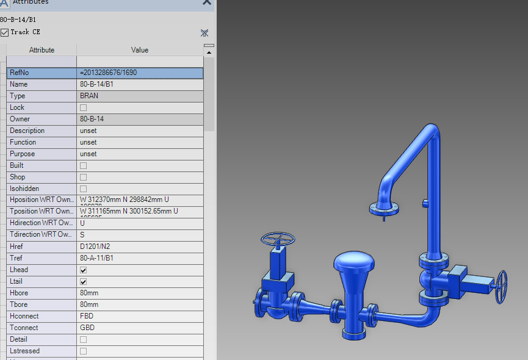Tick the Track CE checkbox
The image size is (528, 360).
click(4, 32)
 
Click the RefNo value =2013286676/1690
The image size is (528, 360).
click(108, 73)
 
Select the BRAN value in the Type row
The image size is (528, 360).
click(89, 96)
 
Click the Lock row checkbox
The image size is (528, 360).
click(83, 107)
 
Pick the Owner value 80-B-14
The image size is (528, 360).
click(92, 119)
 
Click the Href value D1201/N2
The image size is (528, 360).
click(95, 247)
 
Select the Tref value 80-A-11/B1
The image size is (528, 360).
click(96, 258)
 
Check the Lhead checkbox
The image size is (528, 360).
click(83, 270)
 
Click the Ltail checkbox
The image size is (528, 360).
click(83, 281)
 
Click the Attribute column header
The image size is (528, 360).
click(42, 50)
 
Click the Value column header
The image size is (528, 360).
click(139, 50)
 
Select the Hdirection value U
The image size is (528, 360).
click(82, 223)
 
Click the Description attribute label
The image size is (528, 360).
click(27, 131)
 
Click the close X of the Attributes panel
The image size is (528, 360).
click(206, 2)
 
